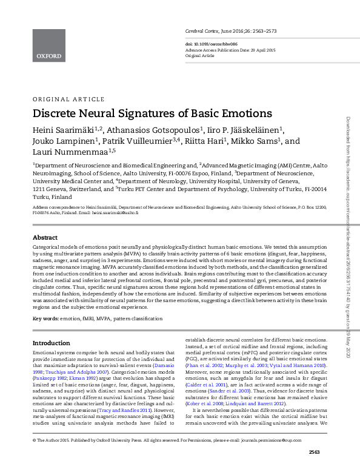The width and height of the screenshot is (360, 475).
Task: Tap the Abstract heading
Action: (x=45, y=238)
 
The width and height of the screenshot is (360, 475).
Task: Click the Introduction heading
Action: (x=52, y=343)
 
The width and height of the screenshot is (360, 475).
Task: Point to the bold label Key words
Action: (x=45, y=318)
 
